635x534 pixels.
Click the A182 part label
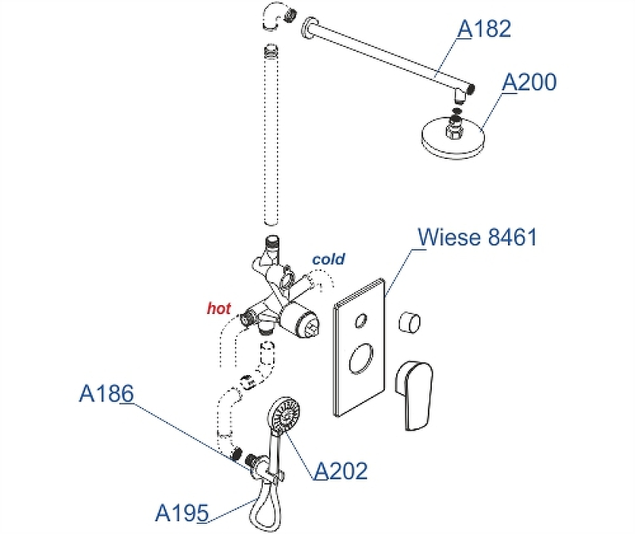tap(484, 29)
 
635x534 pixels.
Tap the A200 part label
tap(529, 82)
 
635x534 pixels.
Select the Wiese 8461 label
tap(477, 237)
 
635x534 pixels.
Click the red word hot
tap(218, 307)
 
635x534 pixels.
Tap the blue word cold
tap(329, 259)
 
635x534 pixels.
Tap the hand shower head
tap(283, 415)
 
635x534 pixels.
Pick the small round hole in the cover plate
tap(361, 321)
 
